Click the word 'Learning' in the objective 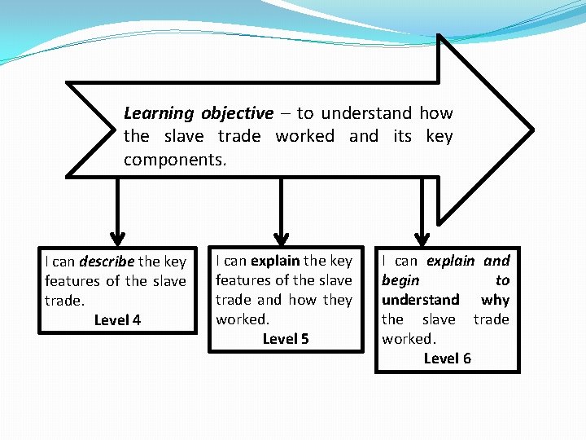click(159, 114)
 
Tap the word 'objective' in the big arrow click(238, 114)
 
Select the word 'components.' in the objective click(175, 161)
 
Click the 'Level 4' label click(117, 320)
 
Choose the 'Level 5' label click(286, 339)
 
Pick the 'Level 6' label click(447, 359)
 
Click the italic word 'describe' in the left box click(107, 262)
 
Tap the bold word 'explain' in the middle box click(275, 261)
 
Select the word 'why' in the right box click(495, 300)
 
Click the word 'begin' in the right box click(401, 280)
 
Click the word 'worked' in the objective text click(304, 137)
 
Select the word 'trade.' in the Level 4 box click(64, 301)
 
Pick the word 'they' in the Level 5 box click(337, 300)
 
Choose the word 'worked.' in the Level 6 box click(409, 339)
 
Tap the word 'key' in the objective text click(439, 137)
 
